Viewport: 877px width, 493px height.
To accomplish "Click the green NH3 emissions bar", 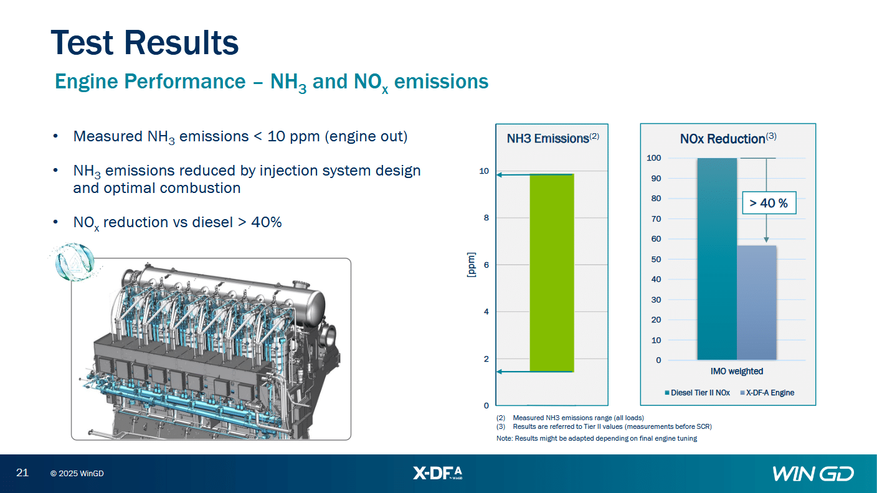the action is tap(552, 273).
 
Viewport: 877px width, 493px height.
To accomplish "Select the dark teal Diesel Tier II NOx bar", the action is tap(717, 259).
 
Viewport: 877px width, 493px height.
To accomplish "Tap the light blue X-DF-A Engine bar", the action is tap(756, 303).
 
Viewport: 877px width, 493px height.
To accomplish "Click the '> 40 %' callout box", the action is tap(769, 203).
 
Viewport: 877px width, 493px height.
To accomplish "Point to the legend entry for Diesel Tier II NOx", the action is tap(697, 392).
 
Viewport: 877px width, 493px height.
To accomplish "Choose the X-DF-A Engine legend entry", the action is tap(767, 392).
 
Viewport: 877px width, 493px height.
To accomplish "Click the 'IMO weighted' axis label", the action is tap(737, 371).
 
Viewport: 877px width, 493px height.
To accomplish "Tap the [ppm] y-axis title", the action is tap(472, 265).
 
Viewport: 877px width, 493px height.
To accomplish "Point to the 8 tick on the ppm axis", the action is tap(486, 217).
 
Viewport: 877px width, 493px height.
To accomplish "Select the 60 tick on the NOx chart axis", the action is tap(656, 238).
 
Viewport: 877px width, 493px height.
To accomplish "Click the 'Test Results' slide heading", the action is tap(145, 42).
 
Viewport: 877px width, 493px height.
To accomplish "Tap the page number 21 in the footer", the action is tap(22, 472).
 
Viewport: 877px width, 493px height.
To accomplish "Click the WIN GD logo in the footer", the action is tap(813, 474).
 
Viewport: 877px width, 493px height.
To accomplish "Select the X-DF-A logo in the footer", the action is tap(438, 473).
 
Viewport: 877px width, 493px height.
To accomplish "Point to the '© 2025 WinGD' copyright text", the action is tap(77, 474).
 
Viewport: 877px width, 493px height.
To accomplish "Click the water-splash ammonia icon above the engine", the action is tap(74, 262).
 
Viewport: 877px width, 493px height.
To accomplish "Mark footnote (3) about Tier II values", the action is tap(604, 426).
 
